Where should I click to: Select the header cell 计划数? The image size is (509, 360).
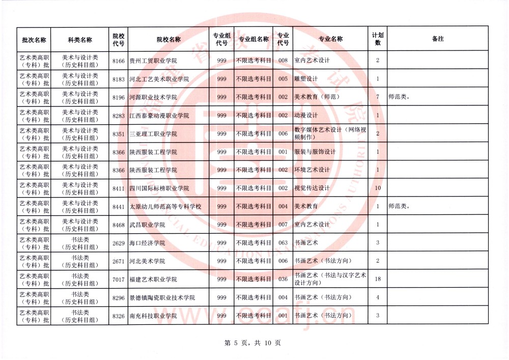click(378, 39)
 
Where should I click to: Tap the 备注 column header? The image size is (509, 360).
click(437, 39)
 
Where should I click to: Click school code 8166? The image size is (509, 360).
click(118, 61)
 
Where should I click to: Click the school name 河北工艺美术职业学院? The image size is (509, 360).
click(159, 79)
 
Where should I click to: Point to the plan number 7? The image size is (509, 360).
click(378, 97)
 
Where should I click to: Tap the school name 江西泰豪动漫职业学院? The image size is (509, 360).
click(159, 116)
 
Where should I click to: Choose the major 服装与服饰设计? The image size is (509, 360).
click(315, 152)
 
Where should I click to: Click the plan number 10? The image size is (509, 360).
click(378, 188)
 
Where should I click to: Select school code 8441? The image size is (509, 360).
click(118, 207)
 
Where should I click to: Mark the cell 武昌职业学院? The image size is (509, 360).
click(147, 225)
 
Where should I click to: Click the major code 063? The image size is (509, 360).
click(284, 243)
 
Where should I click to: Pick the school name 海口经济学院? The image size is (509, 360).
click(147, 243)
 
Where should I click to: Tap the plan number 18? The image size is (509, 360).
click(378, 279)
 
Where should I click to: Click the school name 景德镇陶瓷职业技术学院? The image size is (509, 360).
click(162, 297)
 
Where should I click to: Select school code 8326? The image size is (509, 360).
click(118, 316)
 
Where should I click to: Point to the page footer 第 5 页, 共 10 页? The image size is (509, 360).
click(253, 343)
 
